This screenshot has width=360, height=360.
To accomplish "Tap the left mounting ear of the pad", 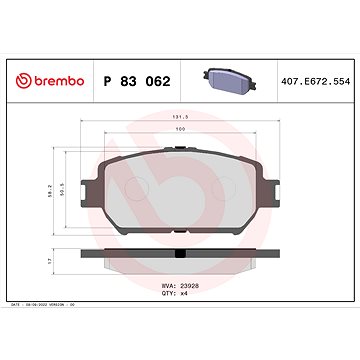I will [x=91, y=178].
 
